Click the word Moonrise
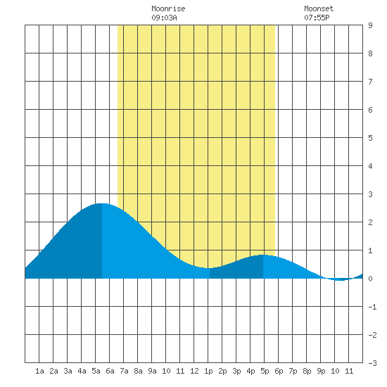168,8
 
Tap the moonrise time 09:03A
164,18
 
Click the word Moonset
319,8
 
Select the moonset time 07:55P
317,18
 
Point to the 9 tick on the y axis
370,25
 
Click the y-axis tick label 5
370,138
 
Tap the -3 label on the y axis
372,363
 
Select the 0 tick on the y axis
370,279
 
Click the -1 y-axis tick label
372,307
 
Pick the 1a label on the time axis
39,371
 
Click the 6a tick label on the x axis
110,371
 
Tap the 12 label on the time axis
194,371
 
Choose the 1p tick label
208,371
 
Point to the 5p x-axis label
265,371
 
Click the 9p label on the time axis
321,371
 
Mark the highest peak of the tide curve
102,203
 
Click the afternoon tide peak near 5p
262,255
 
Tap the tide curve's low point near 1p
208,268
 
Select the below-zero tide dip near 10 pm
340,280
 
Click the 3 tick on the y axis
370,194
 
